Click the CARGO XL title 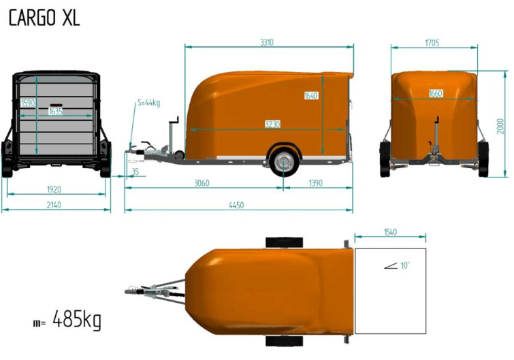click(x=44, y=18)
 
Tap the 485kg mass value click(x=77, y=318)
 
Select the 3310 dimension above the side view click(x=267, y=42)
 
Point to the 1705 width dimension click(x=432, y=43)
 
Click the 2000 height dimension click(x=500, y=126)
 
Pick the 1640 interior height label click(x=310, y=95)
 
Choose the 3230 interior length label click(x=272, y=124)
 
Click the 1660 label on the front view click(x=436, y=93)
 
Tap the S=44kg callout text click(x=149, y=103)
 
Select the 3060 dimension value click(x=202, y=183)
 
